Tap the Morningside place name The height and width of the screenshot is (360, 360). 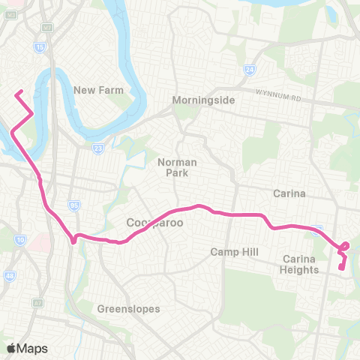(x=204, y=100)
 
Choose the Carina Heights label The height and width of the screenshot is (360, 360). (x=301, y=264)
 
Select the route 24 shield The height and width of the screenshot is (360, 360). (x=250, y=70)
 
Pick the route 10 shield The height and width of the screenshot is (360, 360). (x=19, y=240)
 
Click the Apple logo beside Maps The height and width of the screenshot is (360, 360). (x=12, y=348)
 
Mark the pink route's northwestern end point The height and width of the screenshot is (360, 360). (x=18, y=92)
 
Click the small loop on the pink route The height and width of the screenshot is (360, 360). (x=344, y=246)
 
